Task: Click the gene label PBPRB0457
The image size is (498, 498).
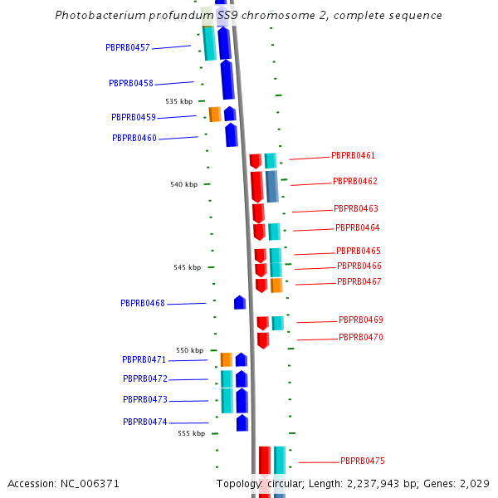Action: [x=128, y=47]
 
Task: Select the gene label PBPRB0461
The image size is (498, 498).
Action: [x=353, y=155]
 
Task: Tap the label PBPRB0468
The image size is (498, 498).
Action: [x=143, y=304]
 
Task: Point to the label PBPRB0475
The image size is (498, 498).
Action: [x=362, y=461]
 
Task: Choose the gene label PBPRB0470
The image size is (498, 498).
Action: [x=360, y=337]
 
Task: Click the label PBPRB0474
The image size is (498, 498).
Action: [x=145, y=422]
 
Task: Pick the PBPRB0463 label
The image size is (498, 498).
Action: [x=355, y=208]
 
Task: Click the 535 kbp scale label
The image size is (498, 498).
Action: [x=178, y=101]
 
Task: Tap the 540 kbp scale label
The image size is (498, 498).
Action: [x=183, y=184]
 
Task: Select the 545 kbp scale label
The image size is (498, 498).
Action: [x=187, y=267]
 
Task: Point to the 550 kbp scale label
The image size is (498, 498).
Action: [x=189, y=350]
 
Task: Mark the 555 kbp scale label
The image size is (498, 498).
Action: [x=191, y=433]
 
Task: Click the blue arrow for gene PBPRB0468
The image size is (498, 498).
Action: [x=240, y=302]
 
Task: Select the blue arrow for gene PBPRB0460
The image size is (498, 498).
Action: [x=232, y=134]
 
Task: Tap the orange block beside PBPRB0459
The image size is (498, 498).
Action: [x=214, y=114]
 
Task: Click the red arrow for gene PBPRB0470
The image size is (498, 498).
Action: [x=263, y=339]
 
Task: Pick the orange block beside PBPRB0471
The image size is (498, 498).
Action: [x=226, y=359]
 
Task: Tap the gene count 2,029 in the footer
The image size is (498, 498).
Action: [x=473, y=484]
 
